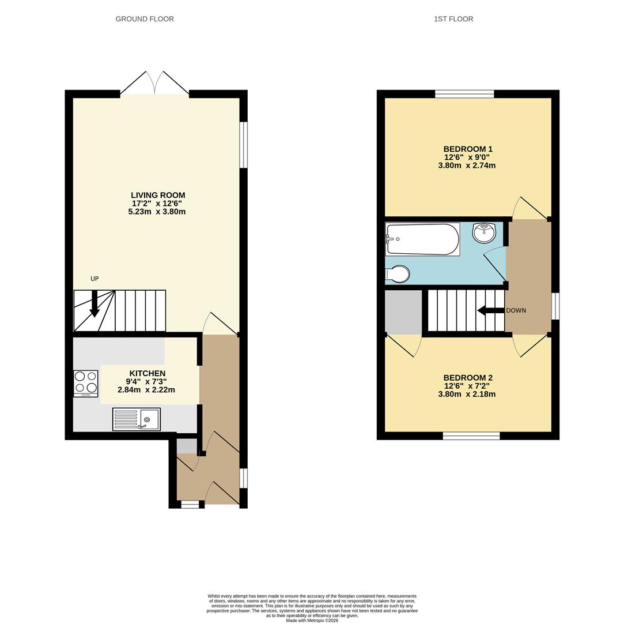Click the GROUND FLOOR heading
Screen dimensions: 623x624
(x=145, y=19)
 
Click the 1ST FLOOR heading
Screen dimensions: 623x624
(x=453, y=19)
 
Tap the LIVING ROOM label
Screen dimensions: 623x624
(x=158, y=195)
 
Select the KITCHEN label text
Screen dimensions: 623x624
(x=148, y=373)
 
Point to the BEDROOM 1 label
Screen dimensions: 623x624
(x=468, y=149)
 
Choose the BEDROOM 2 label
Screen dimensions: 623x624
(x=468, y=378)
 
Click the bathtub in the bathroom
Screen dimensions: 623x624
(x=423, y=239)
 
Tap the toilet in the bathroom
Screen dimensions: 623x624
(x=398, y=274)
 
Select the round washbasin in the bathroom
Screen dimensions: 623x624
(x=484, y=233)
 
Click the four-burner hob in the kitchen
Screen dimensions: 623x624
(x=85, y=383)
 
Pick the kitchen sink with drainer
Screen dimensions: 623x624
(x=137, y=419)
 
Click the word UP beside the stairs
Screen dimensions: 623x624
(x=94, y=279)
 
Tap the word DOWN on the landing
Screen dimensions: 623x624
(x=516, y=310)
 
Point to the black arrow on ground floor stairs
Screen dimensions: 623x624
(x=94, y=304)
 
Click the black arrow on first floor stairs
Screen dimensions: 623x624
(x=490, y=311)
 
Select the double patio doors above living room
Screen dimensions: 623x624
(x=154, y=84)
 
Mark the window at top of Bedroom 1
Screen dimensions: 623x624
(x=464, y=94)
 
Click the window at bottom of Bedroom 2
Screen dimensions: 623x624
(x=471, y=436)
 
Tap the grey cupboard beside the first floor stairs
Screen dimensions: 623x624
(x=403, y=311)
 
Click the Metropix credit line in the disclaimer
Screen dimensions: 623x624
(x=312, y=620)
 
